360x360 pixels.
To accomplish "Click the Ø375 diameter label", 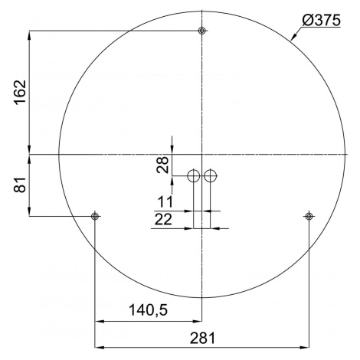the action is [321, 20].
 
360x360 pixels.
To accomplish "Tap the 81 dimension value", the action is [21, 185].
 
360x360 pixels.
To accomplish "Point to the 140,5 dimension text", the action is [148, 310].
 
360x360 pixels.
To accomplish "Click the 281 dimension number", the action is [202, 339].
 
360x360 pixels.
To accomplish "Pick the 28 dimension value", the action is [163, 165].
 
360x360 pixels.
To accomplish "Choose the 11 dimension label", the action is [165, 201].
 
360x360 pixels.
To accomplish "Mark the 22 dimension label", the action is [163, 219].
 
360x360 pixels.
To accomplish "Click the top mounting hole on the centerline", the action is [202, 31].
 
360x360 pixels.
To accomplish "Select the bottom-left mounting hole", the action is [95, 216].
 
